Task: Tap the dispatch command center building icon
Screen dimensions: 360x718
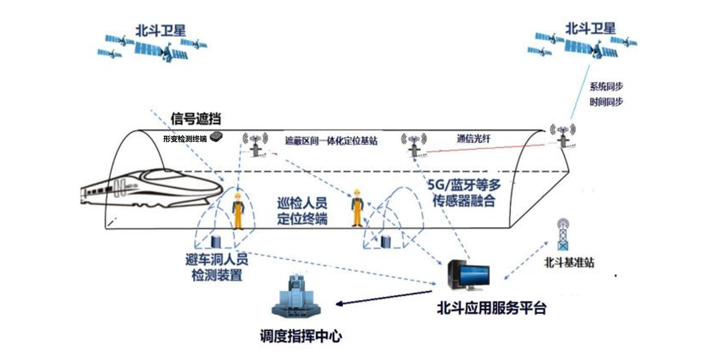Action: [x=296, y=297]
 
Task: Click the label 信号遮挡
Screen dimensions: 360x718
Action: [x=196, y=119]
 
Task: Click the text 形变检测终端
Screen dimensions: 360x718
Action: [x=185, y=139]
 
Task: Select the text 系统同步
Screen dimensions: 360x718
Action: [x=606, y=87]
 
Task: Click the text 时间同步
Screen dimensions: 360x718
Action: [x=606, y=103]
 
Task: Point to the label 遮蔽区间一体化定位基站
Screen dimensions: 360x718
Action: [x=331, y=141]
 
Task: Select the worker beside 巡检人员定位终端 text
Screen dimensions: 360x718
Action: [x=356, y=207]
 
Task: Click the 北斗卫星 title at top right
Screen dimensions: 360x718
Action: [x=590, y=27]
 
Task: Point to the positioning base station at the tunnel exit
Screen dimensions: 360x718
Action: [x=563, y=136]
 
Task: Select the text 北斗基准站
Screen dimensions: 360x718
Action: [x=569, y=262]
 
